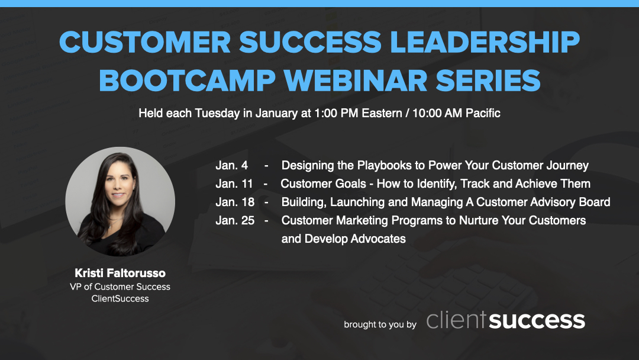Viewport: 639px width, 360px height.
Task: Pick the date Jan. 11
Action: click(x=234, y=184)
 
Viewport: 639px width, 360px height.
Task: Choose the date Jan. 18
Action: click(x=235, y=202)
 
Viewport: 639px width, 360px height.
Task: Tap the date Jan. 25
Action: click(x=235, y=220)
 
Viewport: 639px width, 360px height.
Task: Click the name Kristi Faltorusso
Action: click(x=120, y=273)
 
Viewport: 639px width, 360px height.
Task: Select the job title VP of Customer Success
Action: click(x=120, y=287)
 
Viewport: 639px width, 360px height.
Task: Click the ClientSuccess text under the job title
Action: click(x=120, y=298)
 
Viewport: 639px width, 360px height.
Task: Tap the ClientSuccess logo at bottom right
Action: click(x=505, y=320)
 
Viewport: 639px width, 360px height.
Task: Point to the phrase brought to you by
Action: click(x=380, y=324)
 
